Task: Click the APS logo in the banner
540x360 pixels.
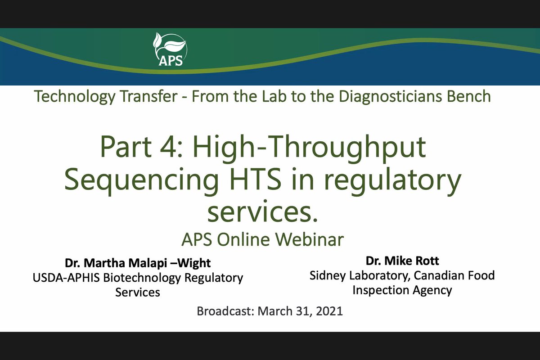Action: pos(170,50)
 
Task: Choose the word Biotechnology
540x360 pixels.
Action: pos(142,278)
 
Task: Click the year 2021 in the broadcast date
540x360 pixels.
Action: pos(329,311)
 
